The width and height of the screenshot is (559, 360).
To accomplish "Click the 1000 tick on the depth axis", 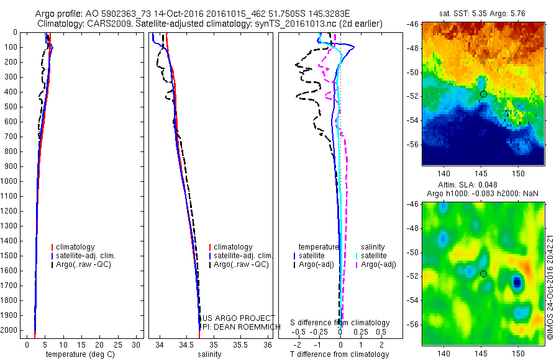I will (12, 181).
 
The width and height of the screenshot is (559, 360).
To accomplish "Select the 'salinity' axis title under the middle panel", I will (209, 354).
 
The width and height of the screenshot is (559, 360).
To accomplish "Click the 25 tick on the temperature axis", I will (119, 344).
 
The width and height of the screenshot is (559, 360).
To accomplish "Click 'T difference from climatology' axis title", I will (340, 354).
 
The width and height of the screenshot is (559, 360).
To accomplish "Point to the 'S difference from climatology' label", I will (340, 323).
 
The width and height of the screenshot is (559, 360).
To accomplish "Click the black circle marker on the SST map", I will (483, 94).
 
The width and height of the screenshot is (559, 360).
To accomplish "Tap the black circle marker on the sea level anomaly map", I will (483, 274).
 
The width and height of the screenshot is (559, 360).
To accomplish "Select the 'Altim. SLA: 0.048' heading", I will (483, 184).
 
